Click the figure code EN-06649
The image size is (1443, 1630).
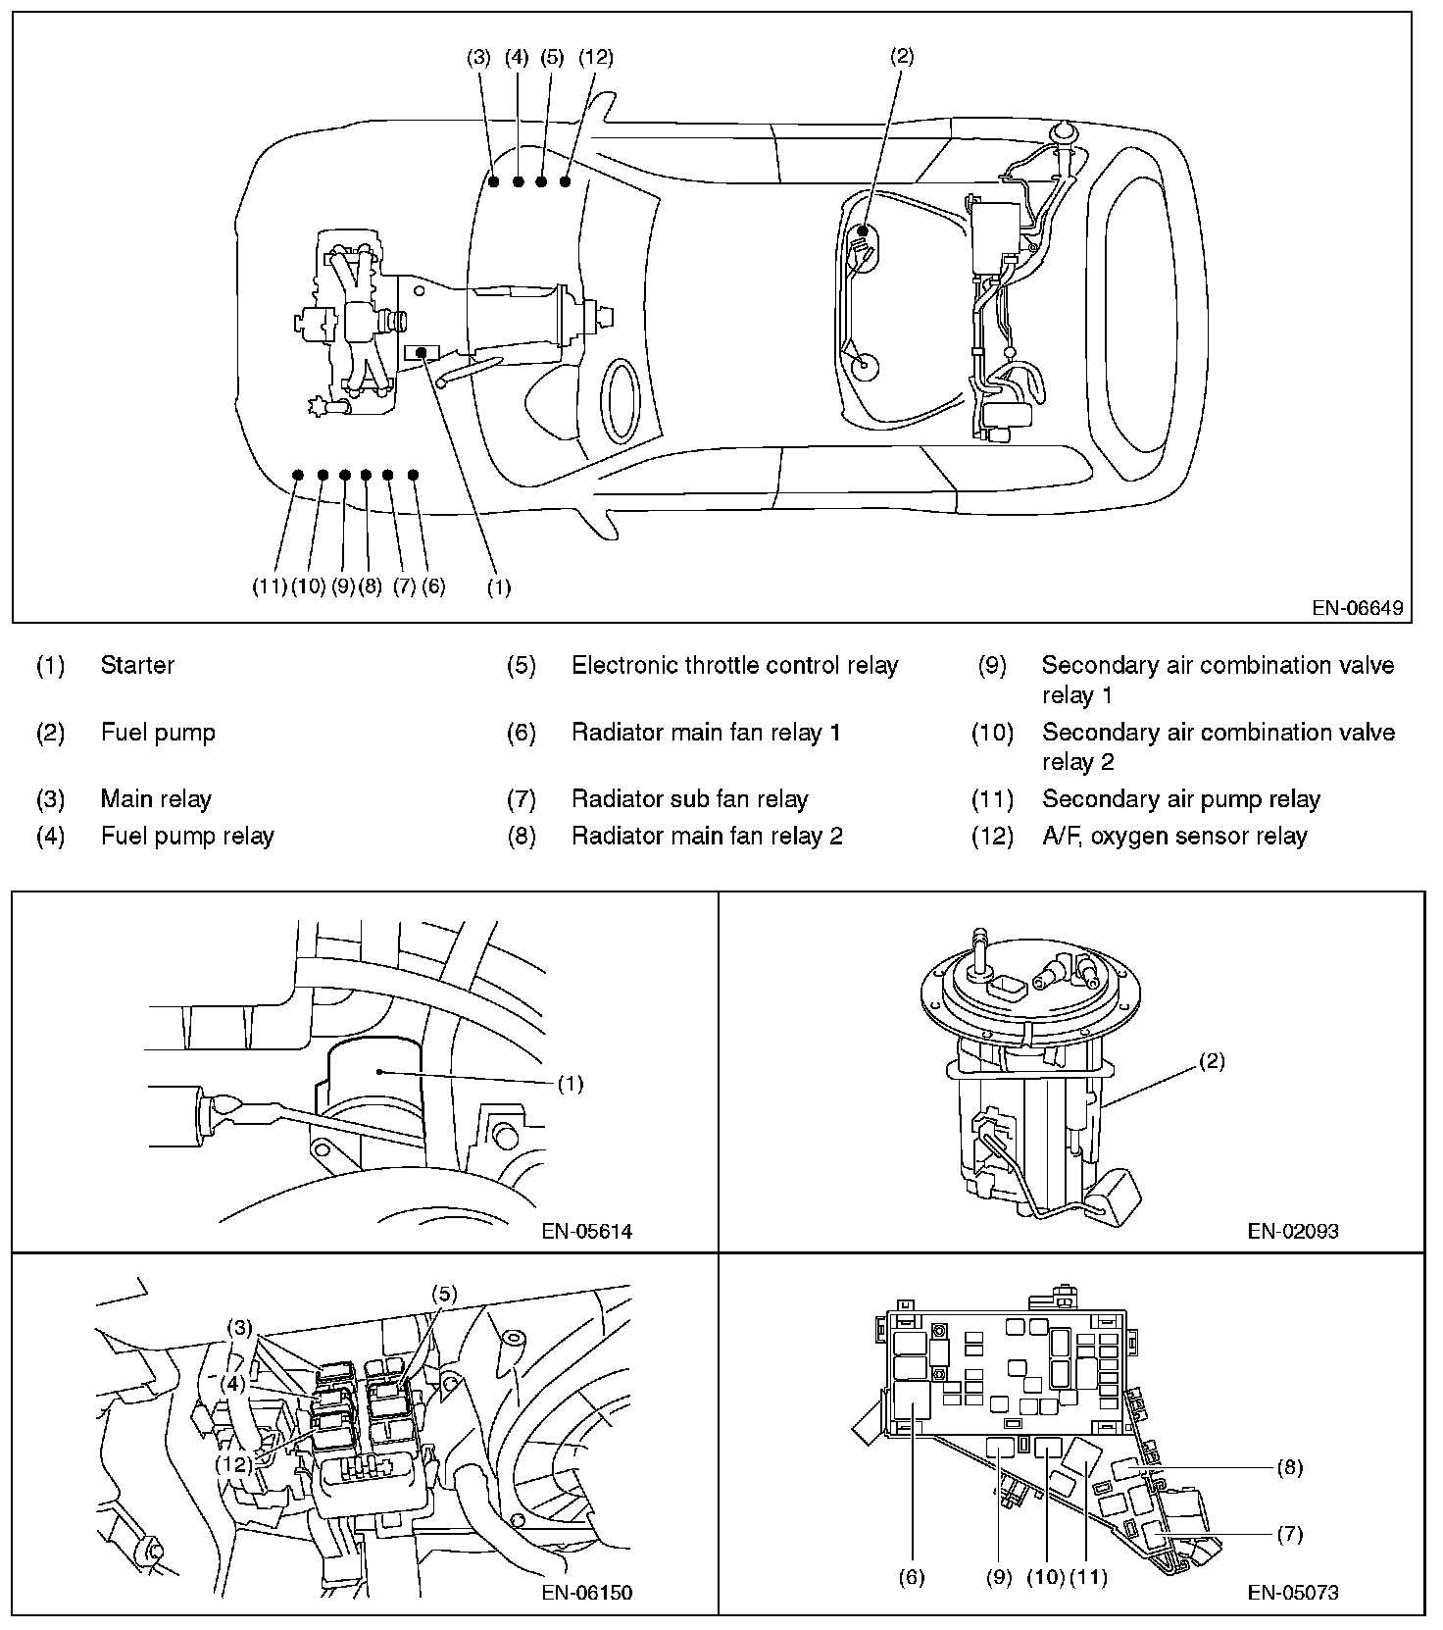[x=1357, y=608]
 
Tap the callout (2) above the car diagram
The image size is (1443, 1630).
[x=901, y=57]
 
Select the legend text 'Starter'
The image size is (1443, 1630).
[x=137, y=665]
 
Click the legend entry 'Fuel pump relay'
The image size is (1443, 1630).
[x=187, y=836]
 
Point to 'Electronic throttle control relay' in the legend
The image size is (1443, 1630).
[x=734, y=665]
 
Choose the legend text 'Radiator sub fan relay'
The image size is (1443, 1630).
[x=689, y=799]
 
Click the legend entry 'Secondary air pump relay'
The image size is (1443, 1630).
[x=1180, y=799]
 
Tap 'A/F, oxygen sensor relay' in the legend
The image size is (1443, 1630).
[x=1174, y=836]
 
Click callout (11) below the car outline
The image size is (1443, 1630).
[x=269, y=586]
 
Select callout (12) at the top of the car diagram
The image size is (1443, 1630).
[x=595, y=57]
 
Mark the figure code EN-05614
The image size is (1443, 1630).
[x=586, y=1231]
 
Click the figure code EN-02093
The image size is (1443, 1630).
[x=1292, y=1231]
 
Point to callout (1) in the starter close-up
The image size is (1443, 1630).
[x=570, y=1084]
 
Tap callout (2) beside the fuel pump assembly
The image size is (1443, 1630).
[x=1212, y=1061]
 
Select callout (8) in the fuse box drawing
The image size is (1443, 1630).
[x=1290, y=1468]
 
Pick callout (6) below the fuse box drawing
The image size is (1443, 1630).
[x=911, y=1577]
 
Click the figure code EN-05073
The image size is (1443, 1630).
[x=1292, y=1592]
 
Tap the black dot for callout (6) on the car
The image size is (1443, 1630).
[x=414, y=475]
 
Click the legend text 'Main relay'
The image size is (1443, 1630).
[x=156, y=799]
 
